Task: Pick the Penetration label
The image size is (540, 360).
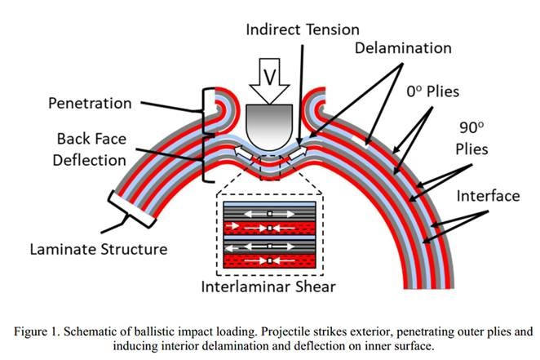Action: [x=89, y=104]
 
